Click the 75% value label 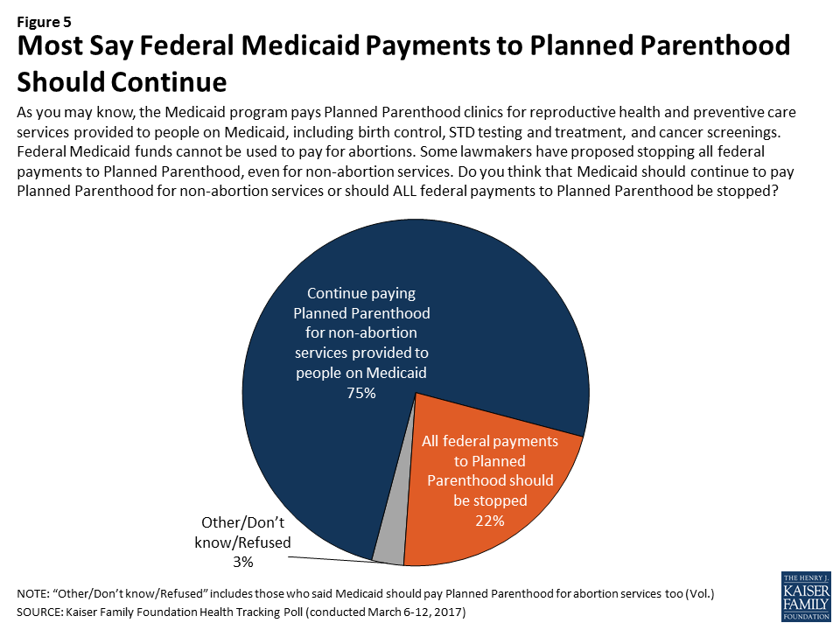(361, 393)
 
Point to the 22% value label (490, 521)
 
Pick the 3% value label (242, 562)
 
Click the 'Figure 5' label (44, 22)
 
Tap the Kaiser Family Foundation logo (806, 596)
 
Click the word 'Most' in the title (50, 45)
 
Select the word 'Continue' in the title (169, 82)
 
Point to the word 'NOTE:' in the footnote (31, 593)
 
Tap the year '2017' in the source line (449, 612)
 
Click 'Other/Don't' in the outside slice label (242, 522)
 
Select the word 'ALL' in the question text (404, 191)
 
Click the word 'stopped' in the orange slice (505, 500)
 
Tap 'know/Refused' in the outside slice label (242, 542)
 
